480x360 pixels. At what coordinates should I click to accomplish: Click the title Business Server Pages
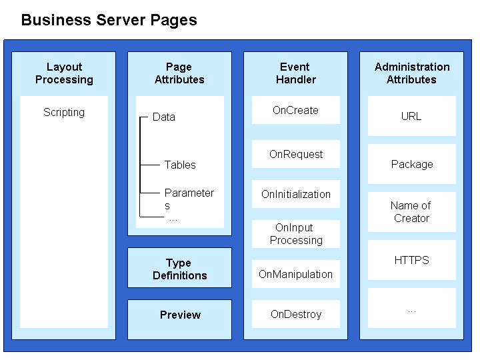(109, 21)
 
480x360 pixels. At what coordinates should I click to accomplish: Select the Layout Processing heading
(64, 73)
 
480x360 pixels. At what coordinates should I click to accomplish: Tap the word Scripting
(64, 113)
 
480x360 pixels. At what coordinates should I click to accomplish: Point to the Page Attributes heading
(179, 73)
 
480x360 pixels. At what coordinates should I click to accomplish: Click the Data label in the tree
(164, 117)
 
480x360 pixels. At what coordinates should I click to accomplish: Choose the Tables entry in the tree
(180, 165)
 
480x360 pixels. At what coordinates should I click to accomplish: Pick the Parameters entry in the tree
(189, 199)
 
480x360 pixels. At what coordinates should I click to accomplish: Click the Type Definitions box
(180, 268)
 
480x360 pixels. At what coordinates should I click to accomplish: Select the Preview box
(180, 319)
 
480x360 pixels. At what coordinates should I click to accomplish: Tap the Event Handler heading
(296, 73)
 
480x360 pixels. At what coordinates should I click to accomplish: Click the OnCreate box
(296, 110)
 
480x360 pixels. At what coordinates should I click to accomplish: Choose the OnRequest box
(296, 154)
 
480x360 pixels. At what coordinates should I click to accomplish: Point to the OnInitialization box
(296, 194)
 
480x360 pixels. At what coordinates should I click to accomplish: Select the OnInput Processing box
(296, 234)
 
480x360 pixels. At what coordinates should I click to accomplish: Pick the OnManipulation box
(296, 274)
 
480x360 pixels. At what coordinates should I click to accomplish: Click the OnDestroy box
(296, 314)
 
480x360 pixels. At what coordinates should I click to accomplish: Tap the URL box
(412, 116)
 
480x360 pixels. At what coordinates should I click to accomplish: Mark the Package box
(412, 164)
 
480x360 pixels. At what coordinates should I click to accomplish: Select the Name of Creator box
(412, 212)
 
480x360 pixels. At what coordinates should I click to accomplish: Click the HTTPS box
(412, 260)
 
